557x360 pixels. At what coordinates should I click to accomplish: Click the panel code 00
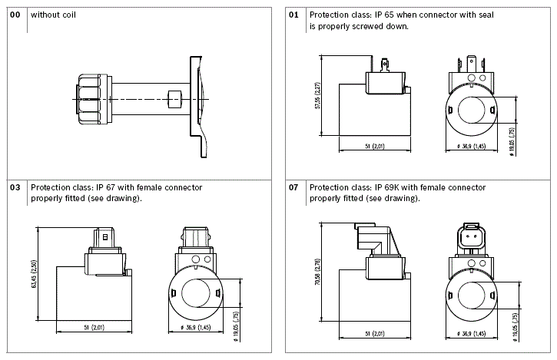click(x=15, y=15)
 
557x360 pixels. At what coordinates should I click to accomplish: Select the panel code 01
click(x=293, y=15)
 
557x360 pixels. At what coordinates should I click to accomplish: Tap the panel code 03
click(x=15, y=187)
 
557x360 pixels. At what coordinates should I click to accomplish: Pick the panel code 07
click(x=293, y=187)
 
